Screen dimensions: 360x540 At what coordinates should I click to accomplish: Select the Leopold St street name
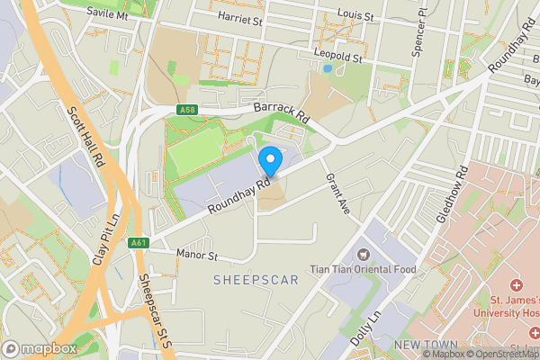coord(337,57)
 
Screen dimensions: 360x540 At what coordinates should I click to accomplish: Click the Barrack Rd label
coord(281,111)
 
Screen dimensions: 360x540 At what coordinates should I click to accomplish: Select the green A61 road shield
coord(138,243)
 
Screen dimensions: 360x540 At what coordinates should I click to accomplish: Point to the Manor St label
coord(197,256)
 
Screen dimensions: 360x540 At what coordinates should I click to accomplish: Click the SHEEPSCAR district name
coord(256,281)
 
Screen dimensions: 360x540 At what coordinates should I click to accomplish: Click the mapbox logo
coord(40,348)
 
